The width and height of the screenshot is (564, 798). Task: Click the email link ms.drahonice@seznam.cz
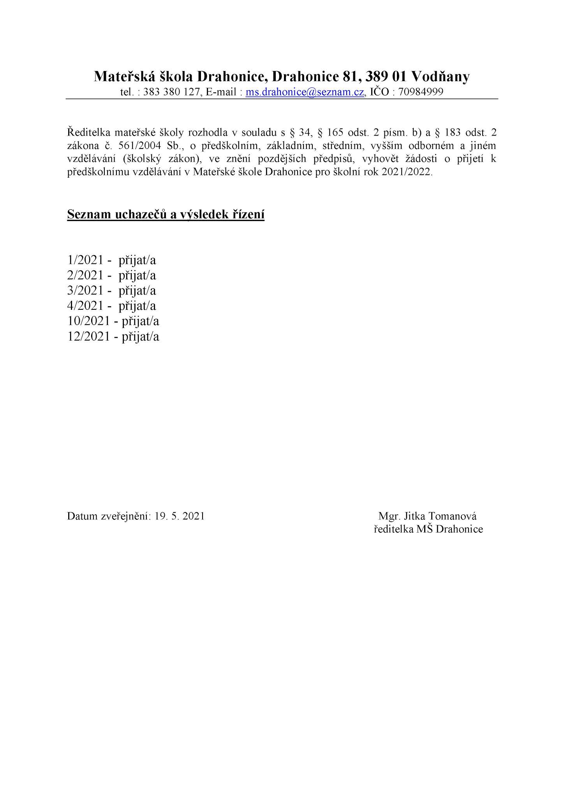point(305,92)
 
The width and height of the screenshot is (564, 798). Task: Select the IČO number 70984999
point(421,92)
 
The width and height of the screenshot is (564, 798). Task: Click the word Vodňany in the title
point(440,76)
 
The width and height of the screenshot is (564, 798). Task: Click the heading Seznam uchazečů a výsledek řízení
point(166,214)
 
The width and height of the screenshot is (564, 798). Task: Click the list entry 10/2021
point(88,321)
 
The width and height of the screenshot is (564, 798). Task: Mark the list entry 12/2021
point(88,336)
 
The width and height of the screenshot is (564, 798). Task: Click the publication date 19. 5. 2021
point(179,516)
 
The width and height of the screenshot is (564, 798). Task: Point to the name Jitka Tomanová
point(440,516)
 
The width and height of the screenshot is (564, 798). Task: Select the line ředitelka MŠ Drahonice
point(428,529)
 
